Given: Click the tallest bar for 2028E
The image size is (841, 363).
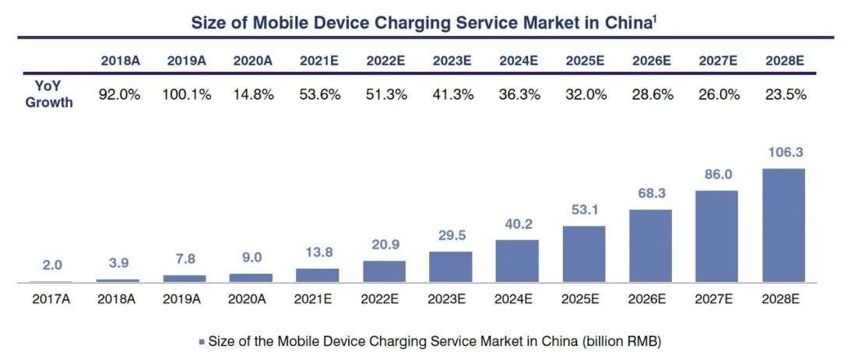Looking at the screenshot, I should click(783, 225).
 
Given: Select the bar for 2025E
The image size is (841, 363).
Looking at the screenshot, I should click(583, 254).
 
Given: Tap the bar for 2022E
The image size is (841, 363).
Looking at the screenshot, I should click(384, 271).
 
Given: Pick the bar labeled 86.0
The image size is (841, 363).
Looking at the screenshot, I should click(716, 236).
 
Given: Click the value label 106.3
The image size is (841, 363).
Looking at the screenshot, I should click(783, 153).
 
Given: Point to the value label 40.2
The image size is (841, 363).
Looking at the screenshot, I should click(516, 224).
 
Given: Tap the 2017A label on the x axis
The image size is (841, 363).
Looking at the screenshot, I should click(51, 297).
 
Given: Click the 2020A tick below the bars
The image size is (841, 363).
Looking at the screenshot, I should click(251, 297).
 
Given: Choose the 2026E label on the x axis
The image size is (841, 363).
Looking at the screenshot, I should click(649, 297).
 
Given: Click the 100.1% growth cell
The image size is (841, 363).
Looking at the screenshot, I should click(186, 94).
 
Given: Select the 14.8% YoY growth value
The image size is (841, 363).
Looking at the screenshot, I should click(252, 94).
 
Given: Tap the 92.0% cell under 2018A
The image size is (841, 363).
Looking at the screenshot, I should click(119, 94).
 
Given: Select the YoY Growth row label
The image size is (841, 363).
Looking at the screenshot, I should click(49, 94).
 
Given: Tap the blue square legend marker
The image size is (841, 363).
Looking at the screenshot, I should click(201, 341).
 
